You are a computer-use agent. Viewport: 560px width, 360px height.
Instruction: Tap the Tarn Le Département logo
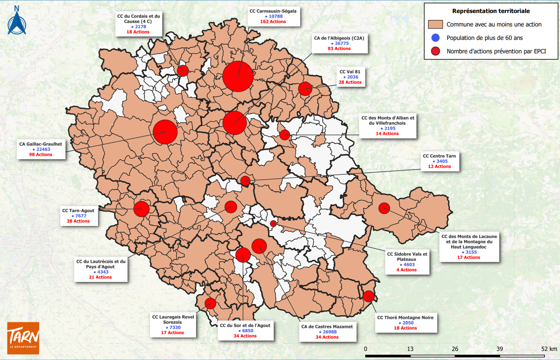(23, 337)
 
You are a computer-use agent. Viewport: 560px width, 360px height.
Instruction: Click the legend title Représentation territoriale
(491, 11)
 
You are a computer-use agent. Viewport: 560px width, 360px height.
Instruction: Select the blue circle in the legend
(435, 38)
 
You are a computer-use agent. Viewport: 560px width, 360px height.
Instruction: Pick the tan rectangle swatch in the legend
(435, 24)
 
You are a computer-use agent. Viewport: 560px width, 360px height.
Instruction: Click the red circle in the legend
(435, 52)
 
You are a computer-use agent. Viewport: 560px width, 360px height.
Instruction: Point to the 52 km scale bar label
(549, 349)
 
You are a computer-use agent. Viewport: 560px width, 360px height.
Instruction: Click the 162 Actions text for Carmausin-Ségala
(273, 21)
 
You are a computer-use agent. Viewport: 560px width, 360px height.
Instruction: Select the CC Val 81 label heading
(350, 72)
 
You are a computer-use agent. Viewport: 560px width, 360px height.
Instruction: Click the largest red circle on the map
(238, 76)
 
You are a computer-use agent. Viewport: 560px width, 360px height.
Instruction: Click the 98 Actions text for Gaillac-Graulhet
(41, 154)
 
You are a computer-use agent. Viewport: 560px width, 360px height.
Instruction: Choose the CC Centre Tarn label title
(439, 156)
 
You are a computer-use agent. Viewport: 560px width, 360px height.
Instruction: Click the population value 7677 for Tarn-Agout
(81, 216)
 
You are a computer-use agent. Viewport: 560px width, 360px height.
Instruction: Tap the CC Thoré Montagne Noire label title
(405, 317)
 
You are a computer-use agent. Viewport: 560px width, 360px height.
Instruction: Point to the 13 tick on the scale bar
(410, 349)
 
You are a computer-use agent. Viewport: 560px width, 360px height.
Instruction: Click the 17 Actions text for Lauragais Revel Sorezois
(173, 333)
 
